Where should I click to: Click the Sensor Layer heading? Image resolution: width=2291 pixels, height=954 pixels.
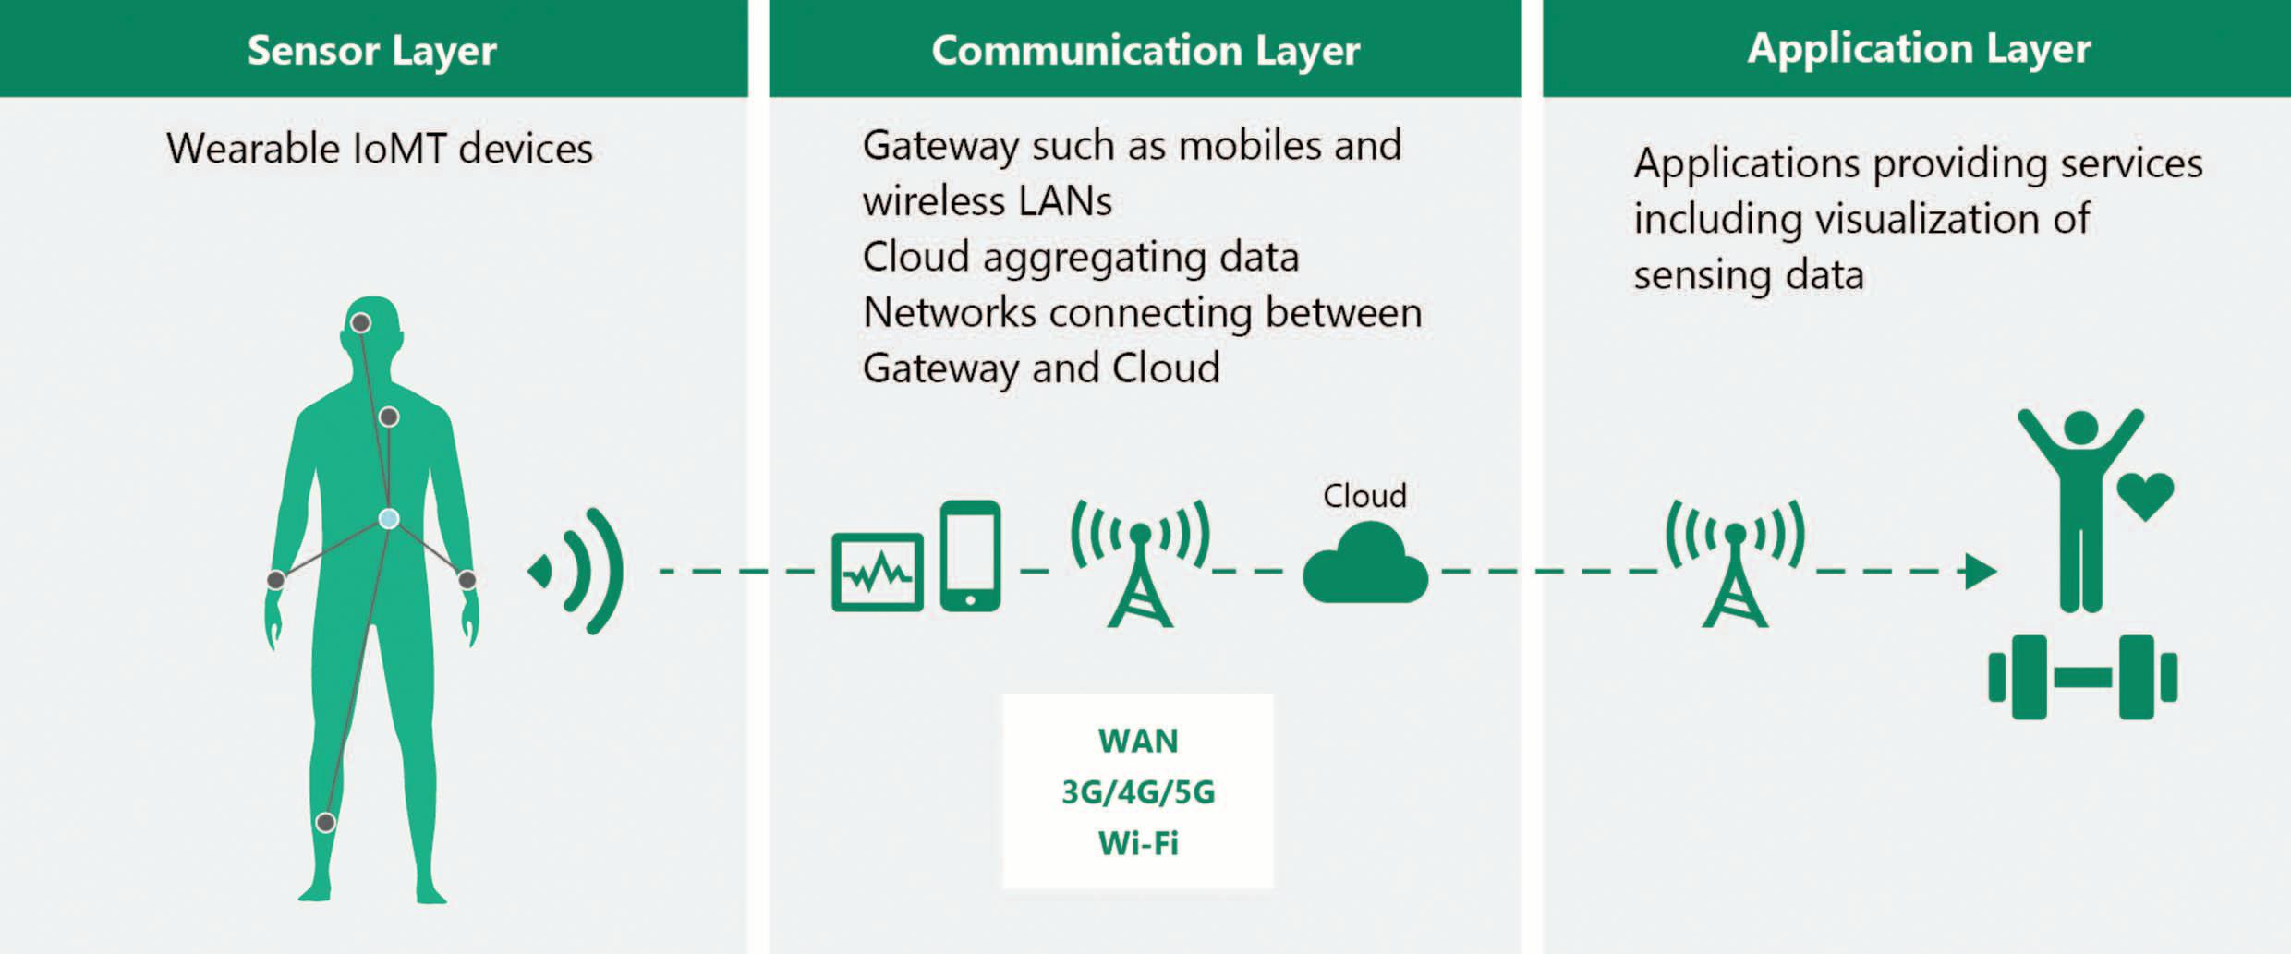372,50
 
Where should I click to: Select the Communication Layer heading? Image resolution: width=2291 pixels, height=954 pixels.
1145,50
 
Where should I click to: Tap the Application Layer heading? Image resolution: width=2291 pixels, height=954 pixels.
1919,48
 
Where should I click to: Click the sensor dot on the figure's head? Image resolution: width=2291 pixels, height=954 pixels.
361,323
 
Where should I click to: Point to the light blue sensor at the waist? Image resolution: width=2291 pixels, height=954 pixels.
389,519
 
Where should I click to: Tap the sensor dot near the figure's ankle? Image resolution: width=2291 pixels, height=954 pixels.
325,822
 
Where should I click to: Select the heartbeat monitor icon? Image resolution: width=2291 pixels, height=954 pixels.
877,573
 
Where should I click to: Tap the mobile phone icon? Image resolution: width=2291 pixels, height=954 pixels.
970,556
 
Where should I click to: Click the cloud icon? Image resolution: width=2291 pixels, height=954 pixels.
1364,565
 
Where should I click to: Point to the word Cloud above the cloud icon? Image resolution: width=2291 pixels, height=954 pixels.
1364,496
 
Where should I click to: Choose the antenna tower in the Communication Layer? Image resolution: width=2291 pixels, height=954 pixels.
1141,563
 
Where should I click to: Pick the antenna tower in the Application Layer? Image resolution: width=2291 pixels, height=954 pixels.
1735,563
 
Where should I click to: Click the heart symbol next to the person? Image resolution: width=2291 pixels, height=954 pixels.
2145,494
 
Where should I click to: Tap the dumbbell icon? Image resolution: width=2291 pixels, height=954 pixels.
2083,677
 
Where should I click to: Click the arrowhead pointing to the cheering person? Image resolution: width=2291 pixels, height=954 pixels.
1979,571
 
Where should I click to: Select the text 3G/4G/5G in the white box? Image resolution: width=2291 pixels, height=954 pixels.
1138,792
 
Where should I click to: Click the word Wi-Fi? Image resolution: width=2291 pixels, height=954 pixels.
1138,843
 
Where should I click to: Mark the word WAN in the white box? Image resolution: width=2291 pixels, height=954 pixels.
1138,741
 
